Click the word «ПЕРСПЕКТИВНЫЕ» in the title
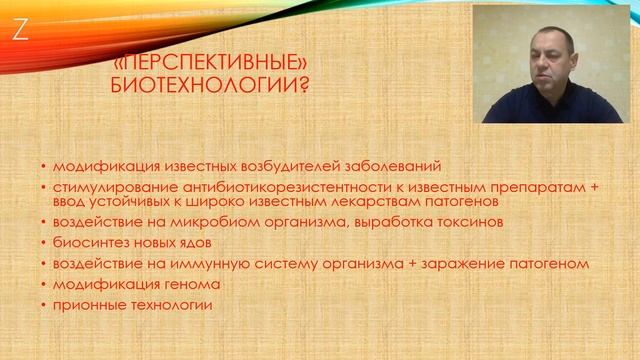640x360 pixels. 200,63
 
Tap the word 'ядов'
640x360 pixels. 184,243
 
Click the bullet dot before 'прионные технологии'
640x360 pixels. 44,306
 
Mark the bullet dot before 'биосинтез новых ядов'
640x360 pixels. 44,244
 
